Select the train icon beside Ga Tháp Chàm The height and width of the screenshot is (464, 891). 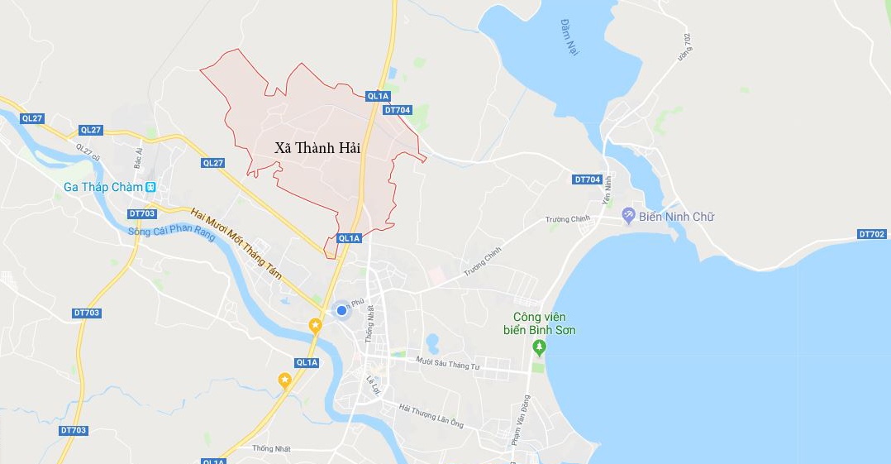click(x=150, y=187)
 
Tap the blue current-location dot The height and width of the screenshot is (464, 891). click(x=341, y=310)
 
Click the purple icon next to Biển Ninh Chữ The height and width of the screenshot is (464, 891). click(x=628, y=217)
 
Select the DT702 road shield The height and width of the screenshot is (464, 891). click(x=871, y=234)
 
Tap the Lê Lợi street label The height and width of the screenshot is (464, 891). click(x=373, y=385)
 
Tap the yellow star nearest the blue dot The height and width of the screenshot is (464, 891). click(x=315, y=326)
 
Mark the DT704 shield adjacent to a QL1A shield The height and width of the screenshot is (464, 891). click(x=397, y=110)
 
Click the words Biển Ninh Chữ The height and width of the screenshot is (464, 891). click(x=676, y=217)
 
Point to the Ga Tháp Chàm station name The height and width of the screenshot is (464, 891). click(x=102, y=187)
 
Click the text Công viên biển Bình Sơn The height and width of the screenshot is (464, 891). click(x=544, y=323)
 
